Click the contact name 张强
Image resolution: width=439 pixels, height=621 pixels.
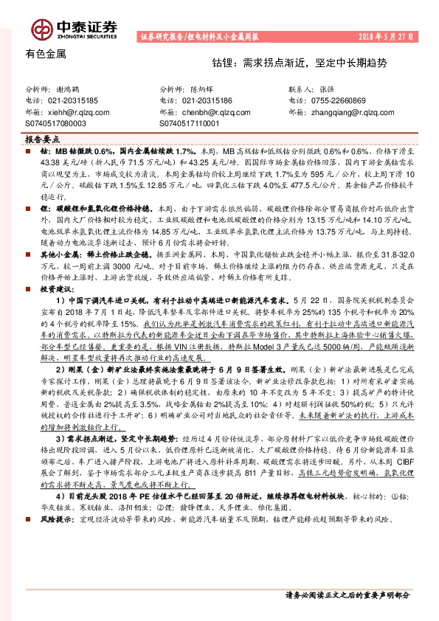pos(334,88)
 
